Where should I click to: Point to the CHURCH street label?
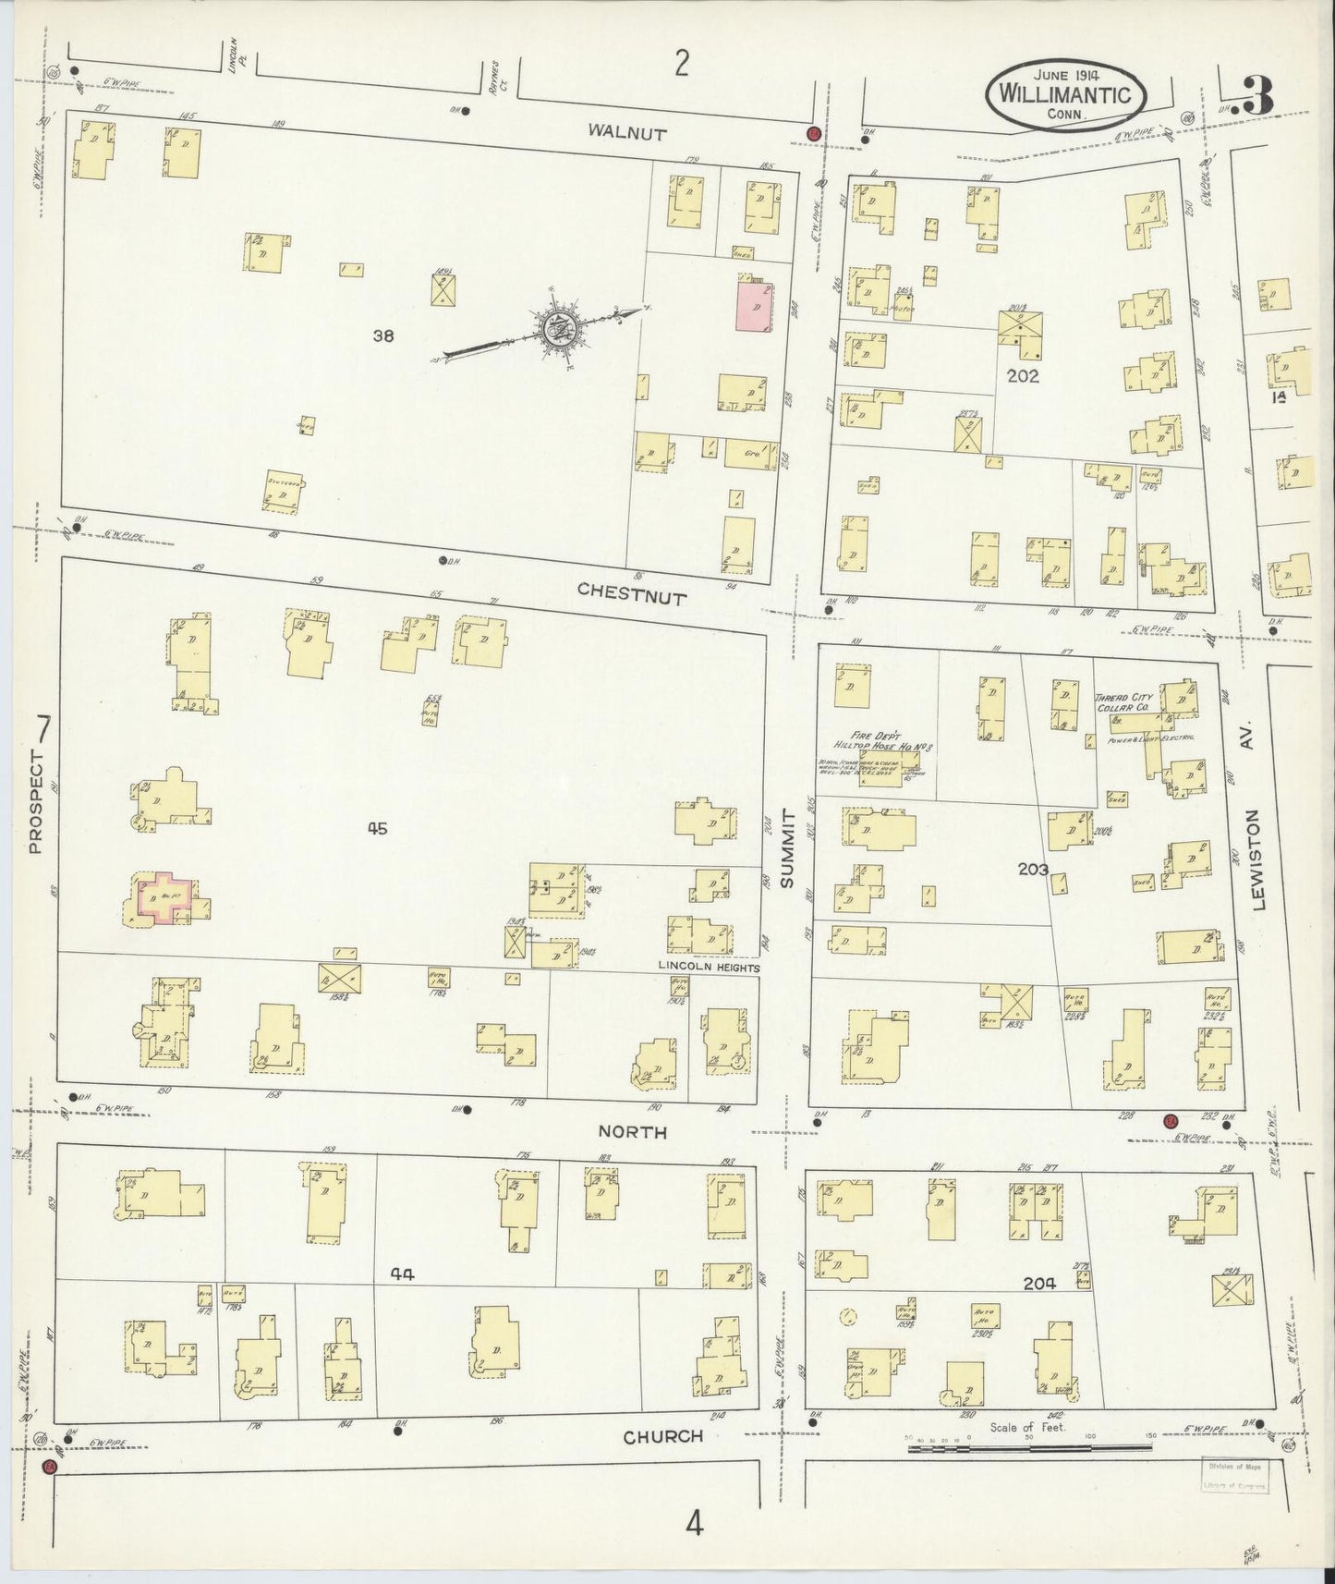(662, 1437)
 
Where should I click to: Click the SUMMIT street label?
(788, 848)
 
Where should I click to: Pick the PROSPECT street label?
(36, 801)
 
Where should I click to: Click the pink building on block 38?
(754, 302)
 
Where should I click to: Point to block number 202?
(1023, 376)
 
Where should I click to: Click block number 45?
(376, 829)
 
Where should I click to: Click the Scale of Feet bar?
(1027, 1450)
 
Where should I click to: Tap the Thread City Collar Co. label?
(1121, 702)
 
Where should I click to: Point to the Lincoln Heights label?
(708, 967)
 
